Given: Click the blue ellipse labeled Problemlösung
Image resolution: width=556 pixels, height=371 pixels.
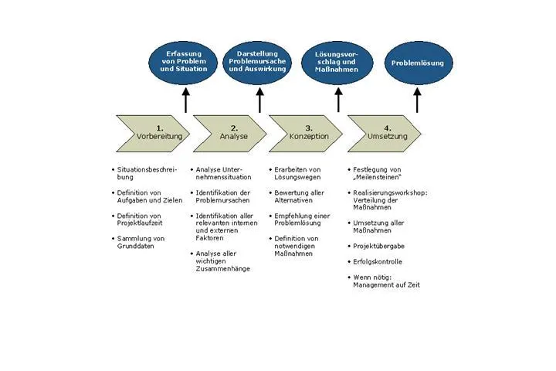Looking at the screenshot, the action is (x=419, y=63).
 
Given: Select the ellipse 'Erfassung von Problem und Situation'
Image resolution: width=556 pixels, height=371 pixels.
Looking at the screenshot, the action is (x=183, y=63).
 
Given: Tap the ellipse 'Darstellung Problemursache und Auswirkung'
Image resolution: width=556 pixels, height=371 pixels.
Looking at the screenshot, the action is (x=257, y=63).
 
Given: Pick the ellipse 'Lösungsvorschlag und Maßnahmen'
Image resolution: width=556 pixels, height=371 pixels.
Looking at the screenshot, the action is (x=337, y=63).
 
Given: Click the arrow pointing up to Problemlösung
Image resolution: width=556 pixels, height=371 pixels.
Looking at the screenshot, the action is (x=417, y=100).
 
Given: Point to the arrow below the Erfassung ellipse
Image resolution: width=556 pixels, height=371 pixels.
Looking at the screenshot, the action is (x=186, y=100).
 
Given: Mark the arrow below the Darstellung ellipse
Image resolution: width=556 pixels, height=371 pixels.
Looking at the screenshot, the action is (x=260, y=100).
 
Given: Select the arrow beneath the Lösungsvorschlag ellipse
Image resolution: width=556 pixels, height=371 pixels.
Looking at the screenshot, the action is (x=339, y=100).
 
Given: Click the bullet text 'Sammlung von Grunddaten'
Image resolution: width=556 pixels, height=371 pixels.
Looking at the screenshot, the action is (x=141, y=242).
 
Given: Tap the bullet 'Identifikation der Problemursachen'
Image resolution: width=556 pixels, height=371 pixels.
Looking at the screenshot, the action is (x=223, y=196).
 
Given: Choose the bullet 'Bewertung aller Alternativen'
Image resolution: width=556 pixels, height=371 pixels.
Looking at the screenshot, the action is (x=300, y=196).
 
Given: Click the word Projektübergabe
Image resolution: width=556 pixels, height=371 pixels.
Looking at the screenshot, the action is (x=378, y=246).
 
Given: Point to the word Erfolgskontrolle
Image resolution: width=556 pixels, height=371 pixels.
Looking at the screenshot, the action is (x=378, y=262).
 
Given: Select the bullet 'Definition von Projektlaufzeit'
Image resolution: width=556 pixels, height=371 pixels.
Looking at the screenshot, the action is (x=140, y=220).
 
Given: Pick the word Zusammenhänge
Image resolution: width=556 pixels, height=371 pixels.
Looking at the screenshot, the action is (x=222, y=269).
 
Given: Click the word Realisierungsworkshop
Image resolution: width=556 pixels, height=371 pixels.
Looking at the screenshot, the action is (x=389, y=192).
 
